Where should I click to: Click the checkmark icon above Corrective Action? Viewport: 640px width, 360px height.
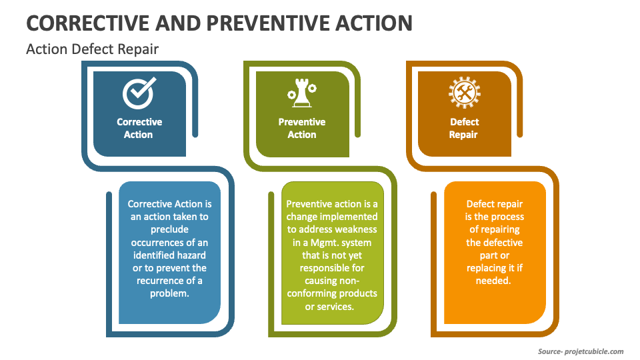click(x=139, y=93)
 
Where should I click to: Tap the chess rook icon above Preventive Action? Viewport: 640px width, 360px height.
click(x=301, y=93)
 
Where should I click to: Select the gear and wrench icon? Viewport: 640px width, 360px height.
click(x=464, y=93)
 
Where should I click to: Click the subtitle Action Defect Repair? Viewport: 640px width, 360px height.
click(x=92, y=49)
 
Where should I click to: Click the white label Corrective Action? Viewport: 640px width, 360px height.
click(x=139, y=128)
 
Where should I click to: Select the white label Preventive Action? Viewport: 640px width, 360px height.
click(x=301, y=128)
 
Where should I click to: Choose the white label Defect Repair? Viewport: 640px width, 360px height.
click(x=464, y=128)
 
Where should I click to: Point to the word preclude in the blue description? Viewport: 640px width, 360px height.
click(x=169, y=229)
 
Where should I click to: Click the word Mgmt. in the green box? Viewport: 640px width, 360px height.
click(x=320, y=243)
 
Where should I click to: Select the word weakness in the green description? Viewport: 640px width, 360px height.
click(x=357, y=229)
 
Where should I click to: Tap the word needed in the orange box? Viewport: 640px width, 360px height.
click(x=493, y=281)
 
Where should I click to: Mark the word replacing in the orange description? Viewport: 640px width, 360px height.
click(x=489, y=268)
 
